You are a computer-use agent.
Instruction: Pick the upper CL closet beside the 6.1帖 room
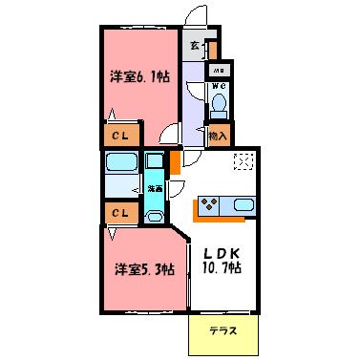click(120, 137)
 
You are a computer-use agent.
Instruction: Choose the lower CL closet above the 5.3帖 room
click(120, 213)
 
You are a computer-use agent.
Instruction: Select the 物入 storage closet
click(218, 135)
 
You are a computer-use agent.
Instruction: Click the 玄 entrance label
click(195, 44)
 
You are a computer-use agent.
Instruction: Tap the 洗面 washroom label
click(153, 188)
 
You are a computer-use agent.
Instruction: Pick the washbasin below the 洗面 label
click(154, 213)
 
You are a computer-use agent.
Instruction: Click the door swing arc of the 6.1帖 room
click(170, 134)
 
